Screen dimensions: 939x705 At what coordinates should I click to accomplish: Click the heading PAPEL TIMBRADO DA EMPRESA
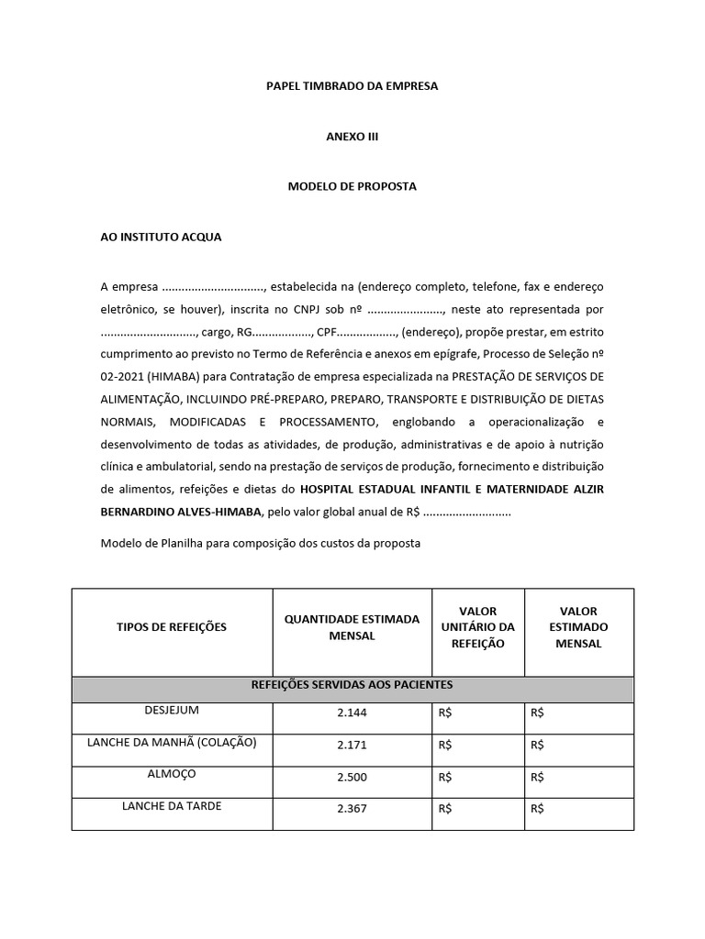352,86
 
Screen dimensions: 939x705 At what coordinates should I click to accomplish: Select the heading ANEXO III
352,136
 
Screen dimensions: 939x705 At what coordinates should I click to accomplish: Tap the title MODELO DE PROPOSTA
352,186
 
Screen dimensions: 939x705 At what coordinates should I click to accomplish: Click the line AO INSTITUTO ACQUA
161,237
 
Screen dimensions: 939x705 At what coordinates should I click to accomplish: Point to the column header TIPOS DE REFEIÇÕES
171,627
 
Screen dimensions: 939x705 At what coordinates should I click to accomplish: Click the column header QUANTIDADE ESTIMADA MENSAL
352,627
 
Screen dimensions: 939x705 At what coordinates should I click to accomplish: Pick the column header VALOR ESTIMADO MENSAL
578,627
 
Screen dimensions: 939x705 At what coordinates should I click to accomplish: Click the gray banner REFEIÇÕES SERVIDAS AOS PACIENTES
352,685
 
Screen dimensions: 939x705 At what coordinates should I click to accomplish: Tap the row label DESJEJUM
171,711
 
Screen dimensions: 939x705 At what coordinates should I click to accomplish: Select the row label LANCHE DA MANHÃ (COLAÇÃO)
171,742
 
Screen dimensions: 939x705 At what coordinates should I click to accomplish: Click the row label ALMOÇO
171,773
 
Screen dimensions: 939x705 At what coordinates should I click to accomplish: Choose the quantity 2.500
352,779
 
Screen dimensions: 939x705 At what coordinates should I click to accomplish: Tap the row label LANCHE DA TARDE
171,806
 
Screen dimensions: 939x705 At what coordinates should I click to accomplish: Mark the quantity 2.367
352,810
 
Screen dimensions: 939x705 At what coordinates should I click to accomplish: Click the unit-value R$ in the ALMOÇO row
446,779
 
